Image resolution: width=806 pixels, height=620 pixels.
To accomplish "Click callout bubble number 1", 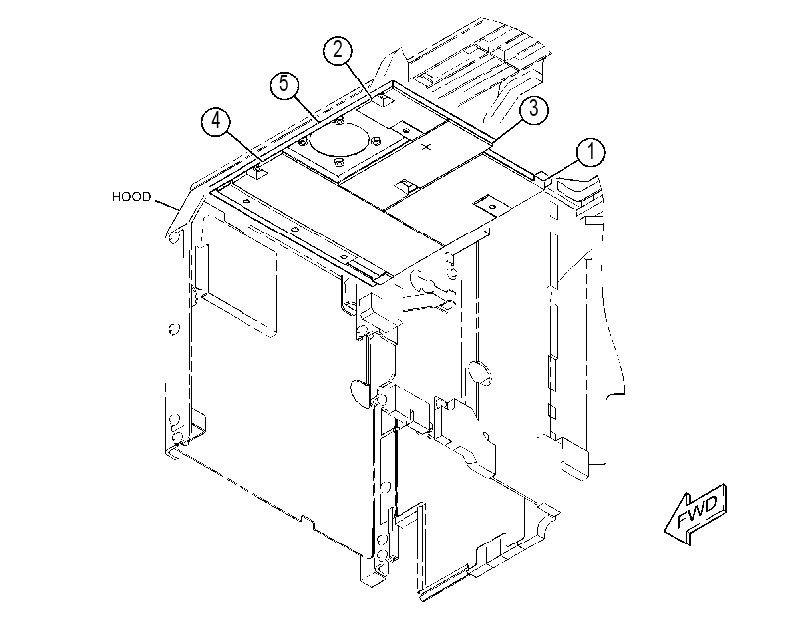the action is click(590, 152).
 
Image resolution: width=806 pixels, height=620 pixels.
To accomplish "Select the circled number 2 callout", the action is click(338, 50).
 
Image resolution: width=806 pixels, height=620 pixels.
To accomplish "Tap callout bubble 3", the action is click(533, 109).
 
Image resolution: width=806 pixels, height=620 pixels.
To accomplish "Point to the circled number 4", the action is click(216, 121).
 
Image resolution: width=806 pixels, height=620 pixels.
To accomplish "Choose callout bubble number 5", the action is click(285, 84).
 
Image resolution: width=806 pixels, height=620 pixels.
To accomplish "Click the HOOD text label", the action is click(132, 197).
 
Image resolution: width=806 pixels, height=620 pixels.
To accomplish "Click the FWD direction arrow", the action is click(696, 514).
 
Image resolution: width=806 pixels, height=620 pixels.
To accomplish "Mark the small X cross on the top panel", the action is click(426, 147).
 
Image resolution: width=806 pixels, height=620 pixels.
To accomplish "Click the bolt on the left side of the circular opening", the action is click(303, 141).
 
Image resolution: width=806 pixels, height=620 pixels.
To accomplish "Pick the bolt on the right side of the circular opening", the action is click(375, 140).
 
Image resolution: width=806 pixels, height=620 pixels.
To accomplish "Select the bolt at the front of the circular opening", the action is click(338, 162).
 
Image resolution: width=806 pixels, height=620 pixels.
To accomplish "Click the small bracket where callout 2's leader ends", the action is click(384, 100).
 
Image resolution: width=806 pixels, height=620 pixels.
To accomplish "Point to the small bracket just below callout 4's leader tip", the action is click(260, 172).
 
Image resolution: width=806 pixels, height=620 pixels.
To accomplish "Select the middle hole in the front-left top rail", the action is click(293, 229).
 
